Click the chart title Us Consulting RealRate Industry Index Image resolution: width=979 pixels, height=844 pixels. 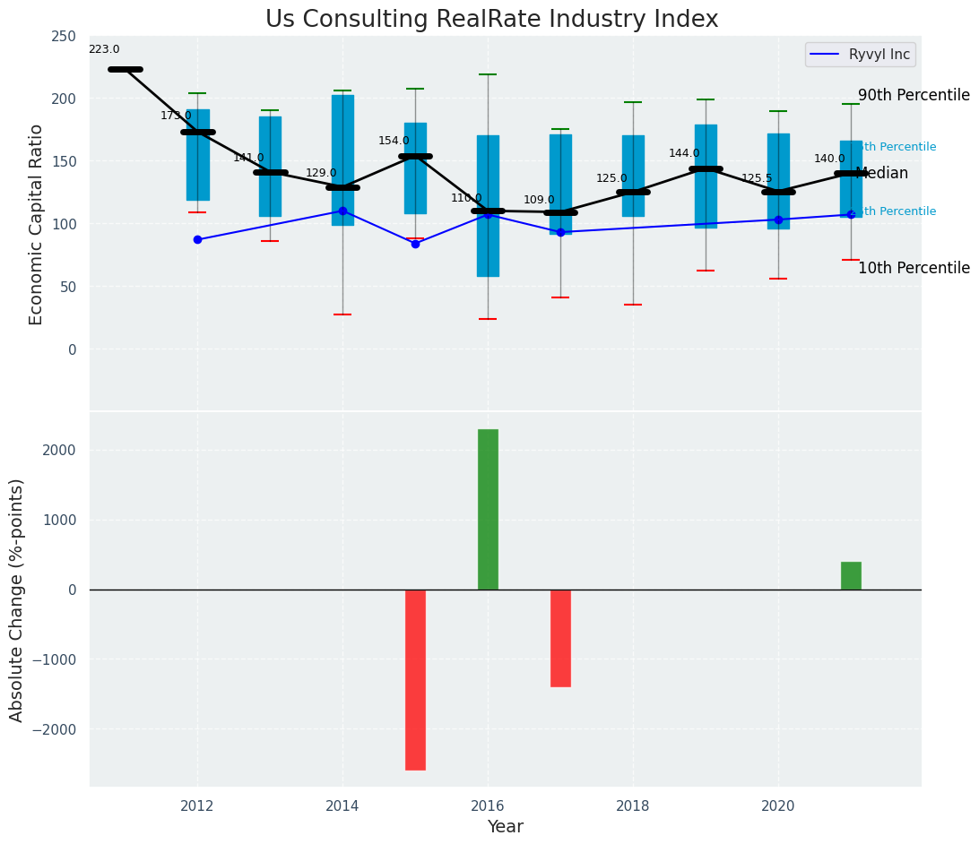(x=491, y=20)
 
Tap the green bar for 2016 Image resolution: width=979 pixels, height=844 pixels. (x=488, y=509)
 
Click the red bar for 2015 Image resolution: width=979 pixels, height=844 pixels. (x=415, y=679)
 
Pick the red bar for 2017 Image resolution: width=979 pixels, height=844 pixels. (x=560, y=638)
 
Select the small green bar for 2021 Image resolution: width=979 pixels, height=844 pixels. (x=851, y=575)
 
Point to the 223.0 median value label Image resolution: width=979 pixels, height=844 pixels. (x=104, y=50)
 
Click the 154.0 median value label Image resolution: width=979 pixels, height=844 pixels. (x=394, y=142)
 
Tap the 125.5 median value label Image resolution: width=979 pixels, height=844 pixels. (x=757, y=179)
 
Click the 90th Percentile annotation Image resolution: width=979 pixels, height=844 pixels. (x=914, y=96)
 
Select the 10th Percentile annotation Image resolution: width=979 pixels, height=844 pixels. (x=914, y=269)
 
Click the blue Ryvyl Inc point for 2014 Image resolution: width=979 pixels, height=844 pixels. (x=342, y=211)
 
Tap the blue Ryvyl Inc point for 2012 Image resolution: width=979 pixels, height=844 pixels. (x=197, y=240)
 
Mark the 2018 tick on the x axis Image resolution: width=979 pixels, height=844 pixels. (x=633, y=806)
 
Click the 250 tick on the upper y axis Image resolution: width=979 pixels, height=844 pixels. (x=64, y=37)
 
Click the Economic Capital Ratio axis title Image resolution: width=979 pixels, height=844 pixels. (x=37, y=224)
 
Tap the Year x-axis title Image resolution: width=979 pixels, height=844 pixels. (x=506, y=827)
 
